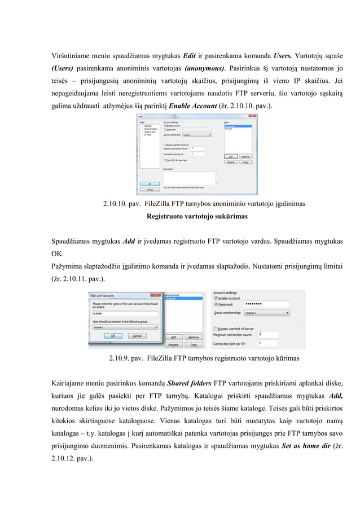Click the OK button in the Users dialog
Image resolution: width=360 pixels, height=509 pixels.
point(150,183)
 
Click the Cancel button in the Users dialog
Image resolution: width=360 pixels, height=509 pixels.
point(150,190)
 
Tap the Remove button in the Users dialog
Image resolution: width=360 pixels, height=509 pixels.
point(245,156)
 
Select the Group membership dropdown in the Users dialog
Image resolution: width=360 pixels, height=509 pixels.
point(197,135)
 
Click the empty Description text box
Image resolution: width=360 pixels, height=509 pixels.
point(190,177)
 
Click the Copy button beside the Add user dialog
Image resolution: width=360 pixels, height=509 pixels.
point(194,344)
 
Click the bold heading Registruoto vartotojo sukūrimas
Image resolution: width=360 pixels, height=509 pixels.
point(196,216)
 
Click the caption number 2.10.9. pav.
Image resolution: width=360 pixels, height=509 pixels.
point(125,358)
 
